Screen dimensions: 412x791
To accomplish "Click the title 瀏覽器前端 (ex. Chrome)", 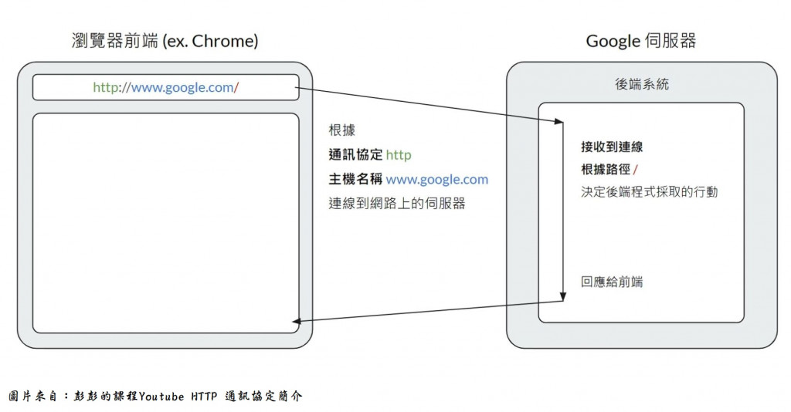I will [165, 41].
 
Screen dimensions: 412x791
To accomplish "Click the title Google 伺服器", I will [640, 41].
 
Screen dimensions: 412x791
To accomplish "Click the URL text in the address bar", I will [165, 87].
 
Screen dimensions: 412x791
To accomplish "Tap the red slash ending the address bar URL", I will [236, 87].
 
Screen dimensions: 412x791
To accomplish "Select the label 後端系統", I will [641, 85].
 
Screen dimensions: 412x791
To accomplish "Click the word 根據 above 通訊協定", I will [341, 130].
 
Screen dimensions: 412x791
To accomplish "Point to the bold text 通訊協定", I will [355, 155].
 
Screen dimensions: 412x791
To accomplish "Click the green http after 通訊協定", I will [399, 155].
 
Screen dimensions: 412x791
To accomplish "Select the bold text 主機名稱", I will [355, 180].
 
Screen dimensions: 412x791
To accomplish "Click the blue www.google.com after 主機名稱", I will [437, 180].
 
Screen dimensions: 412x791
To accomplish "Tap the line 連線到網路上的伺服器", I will [397, 204].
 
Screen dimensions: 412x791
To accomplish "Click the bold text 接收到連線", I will [612, 147].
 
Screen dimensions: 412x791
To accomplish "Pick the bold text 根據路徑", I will [606, 169].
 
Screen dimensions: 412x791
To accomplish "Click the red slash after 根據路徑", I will [635, 169].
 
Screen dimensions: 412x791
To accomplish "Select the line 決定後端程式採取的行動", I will [649, 191].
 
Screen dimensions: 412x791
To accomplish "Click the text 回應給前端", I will [612, 282].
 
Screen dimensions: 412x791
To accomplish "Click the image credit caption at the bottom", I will [155, 396].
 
